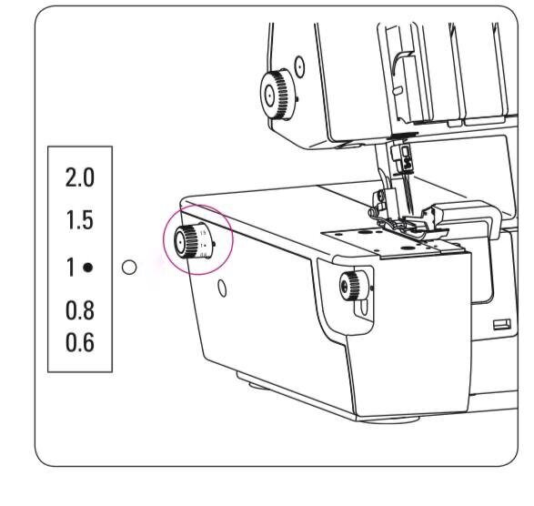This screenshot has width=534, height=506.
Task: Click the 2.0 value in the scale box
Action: click(80, 177)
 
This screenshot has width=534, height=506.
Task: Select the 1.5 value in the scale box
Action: click(80, 219)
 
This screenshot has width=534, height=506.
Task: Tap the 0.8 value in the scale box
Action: click(80, 310)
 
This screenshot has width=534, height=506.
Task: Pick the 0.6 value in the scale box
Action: click(80, 342)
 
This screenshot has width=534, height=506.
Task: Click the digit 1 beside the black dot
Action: click(70, 268)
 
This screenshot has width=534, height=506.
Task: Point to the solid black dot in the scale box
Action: click(88, 268)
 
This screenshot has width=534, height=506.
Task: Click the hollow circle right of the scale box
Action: click(129, 268)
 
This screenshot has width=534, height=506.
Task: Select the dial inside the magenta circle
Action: click(194, 241)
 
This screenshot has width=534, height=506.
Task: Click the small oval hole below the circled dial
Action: click(222, 288)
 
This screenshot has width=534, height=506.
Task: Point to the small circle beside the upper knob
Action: click(299, 66)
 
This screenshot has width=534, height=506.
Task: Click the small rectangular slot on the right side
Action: click(502, 324)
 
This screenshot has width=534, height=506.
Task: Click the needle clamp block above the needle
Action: click(404, 157)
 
